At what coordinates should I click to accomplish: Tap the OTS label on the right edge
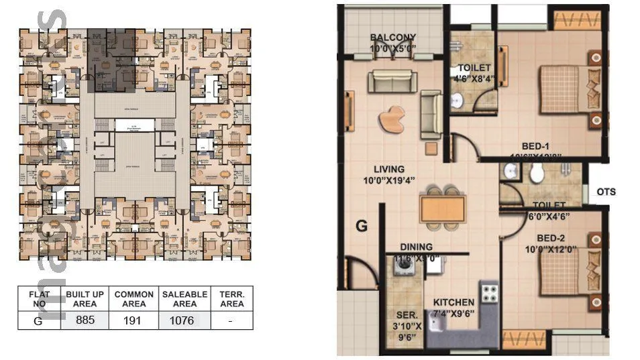tap(606, 192)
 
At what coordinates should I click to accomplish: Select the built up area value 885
tap(85, 320)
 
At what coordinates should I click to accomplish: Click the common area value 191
tap(134, 320)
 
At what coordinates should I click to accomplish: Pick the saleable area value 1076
tap(182, 320)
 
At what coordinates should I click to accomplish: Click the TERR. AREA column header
tap(231, 299)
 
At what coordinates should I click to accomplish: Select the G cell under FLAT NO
tap(38, 320)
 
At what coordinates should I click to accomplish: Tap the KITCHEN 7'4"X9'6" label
tap(454, 308)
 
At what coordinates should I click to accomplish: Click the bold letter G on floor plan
tap(362, 226)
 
